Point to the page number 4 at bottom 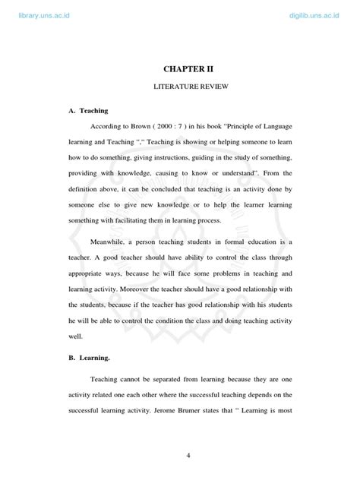pos(186,455)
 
